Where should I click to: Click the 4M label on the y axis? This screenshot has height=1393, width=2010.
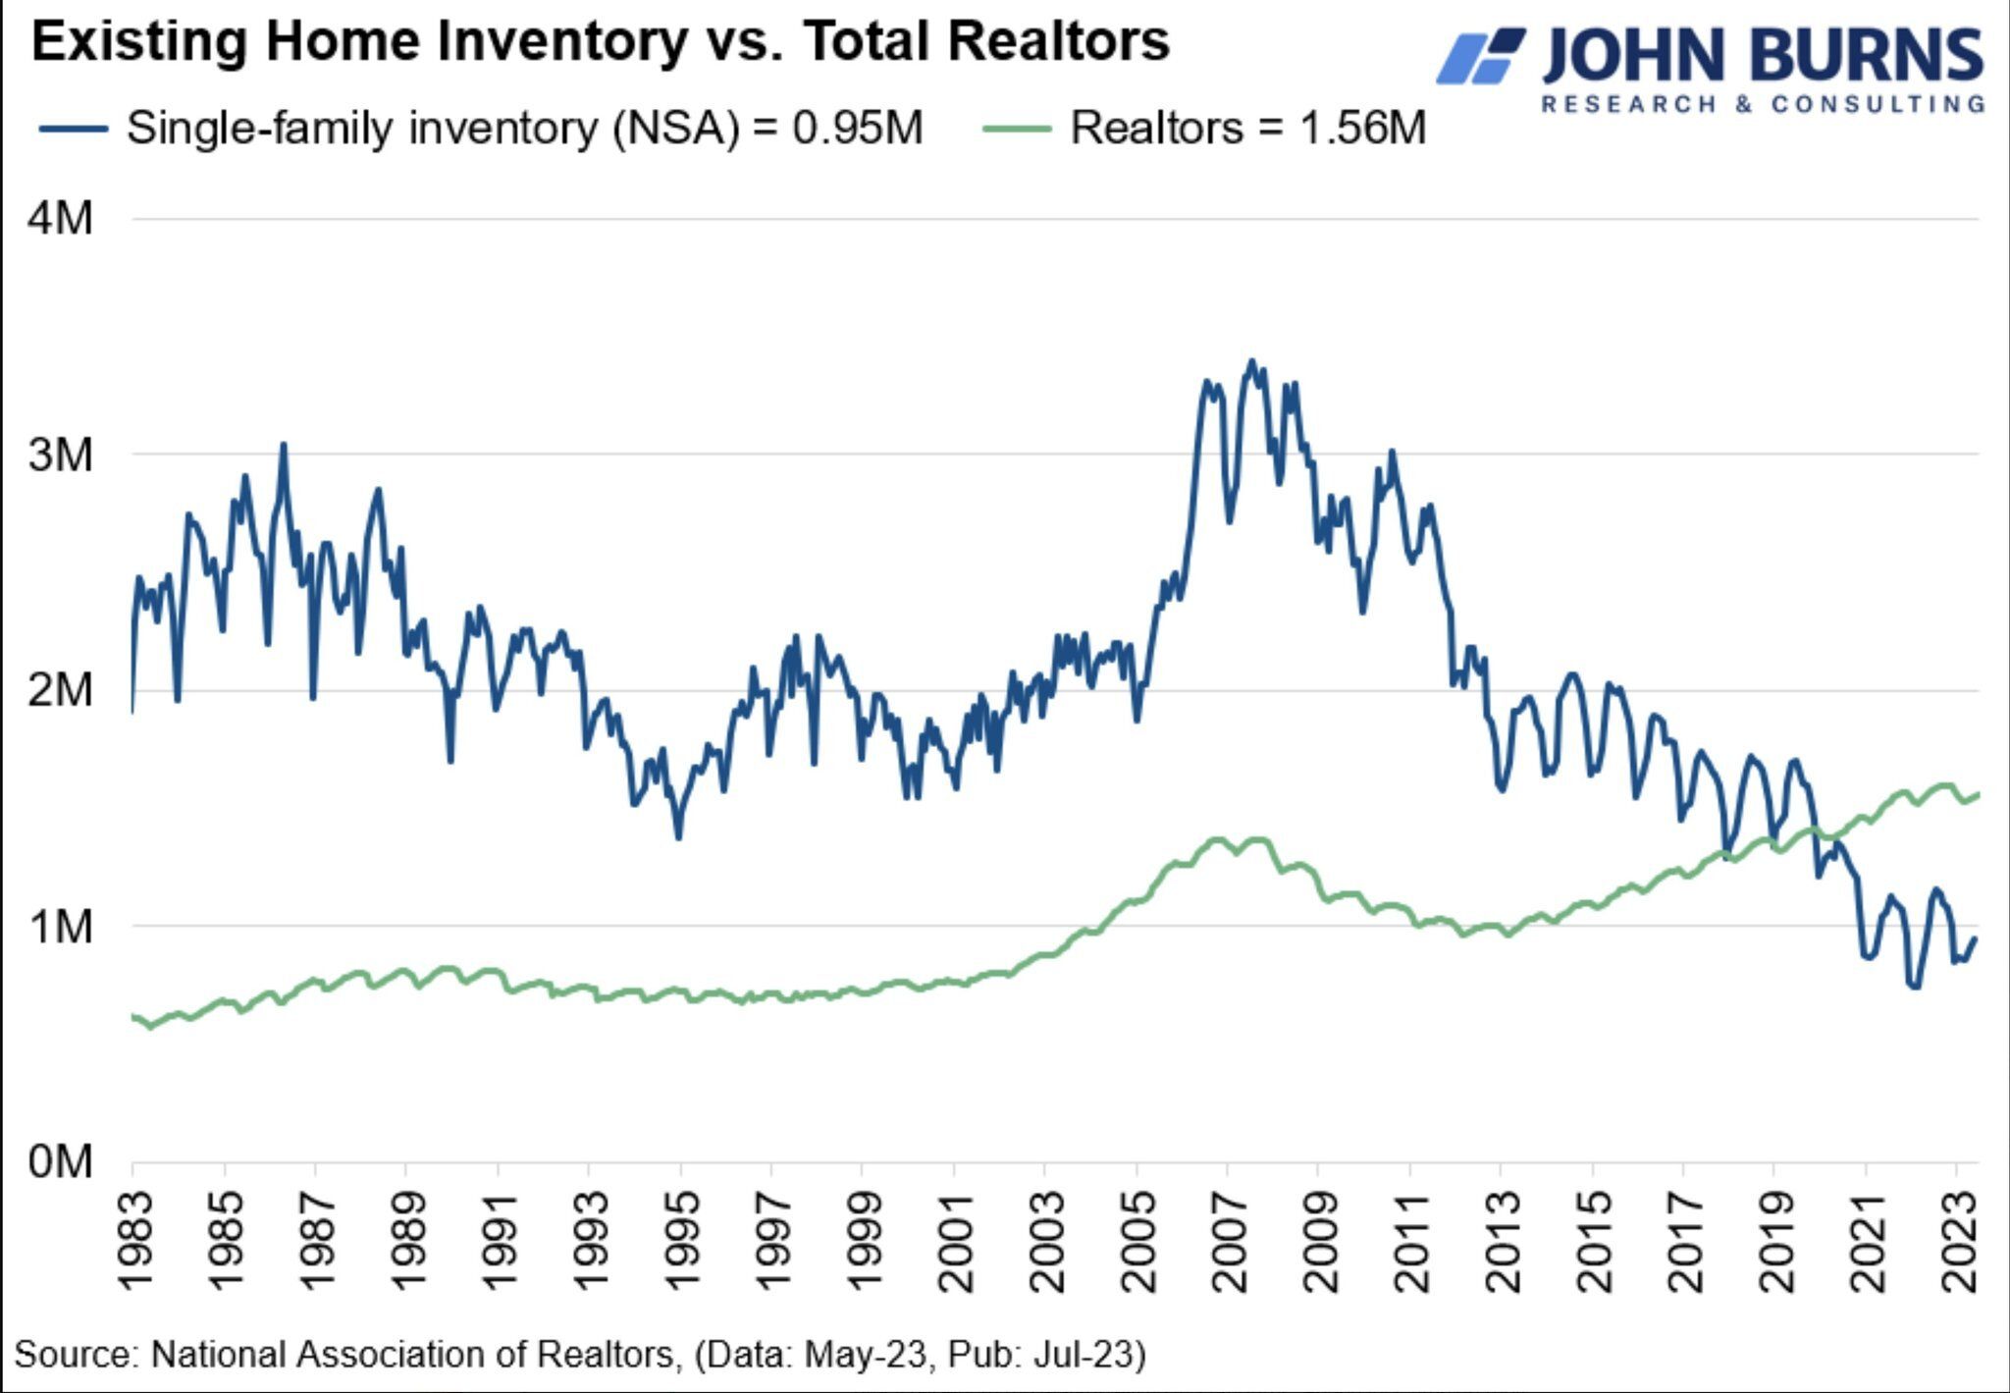point(61,218)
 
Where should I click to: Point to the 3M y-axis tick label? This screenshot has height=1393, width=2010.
point(61,455)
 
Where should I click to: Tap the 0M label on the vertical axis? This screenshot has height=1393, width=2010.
point(61,1162)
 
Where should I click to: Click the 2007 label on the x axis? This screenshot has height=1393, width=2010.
point(1229,1242)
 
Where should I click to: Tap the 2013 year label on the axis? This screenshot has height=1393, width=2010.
point(1503,1242)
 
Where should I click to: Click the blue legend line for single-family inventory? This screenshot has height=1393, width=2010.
point(74,129)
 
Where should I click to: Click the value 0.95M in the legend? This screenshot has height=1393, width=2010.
point(858,129)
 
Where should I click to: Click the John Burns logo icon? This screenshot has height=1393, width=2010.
point(1480,57)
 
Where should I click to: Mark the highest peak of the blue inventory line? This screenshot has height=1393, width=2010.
point(1250,361)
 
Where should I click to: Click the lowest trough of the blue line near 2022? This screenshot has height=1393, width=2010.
point(1914,986)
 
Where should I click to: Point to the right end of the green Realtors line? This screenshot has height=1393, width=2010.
point(1977,794)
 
